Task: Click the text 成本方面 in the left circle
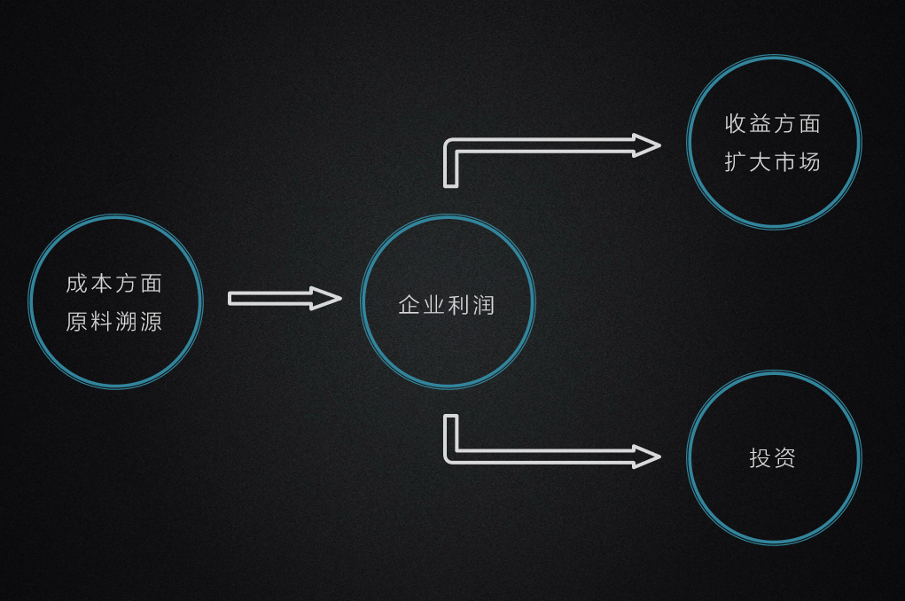pyautogui.click(x=114, y=284)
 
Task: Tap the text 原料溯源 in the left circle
pyautogui.click(x=114, y=322)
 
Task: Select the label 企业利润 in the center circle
pyautogui.click(x=447, y=306)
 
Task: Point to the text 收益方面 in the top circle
pyautogui.click(x=773, y=124)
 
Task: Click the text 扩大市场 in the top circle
pyautogui.click(x=773, y=162)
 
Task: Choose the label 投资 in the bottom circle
pyautogui.click(x=773, y=457)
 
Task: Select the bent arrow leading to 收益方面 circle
pyautogui.click(x=532, y=145)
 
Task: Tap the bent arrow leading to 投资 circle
pyautogui.click(x=532, y=457)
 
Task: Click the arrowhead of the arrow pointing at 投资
pyautogui.click(x=646, y=457)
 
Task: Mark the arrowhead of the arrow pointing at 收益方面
pyautogui.click(x=646, y=145)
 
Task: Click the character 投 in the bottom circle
pyautogui.click(x=761, y=457)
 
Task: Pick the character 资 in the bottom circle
pyautogui.click(x=785, y=457)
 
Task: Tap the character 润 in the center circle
pyautogui.click(x=484, y=306)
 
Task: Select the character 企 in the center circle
pyautogui.click(x=410, y=306)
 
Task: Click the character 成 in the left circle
pyautogui.click(x=77, y=284)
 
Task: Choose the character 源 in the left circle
pyautogui.click(x=152, y=322)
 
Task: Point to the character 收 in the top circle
pyautogui.click(x=736, y=124)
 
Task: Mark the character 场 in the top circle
pyautogui.click(x=810, y=162)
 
